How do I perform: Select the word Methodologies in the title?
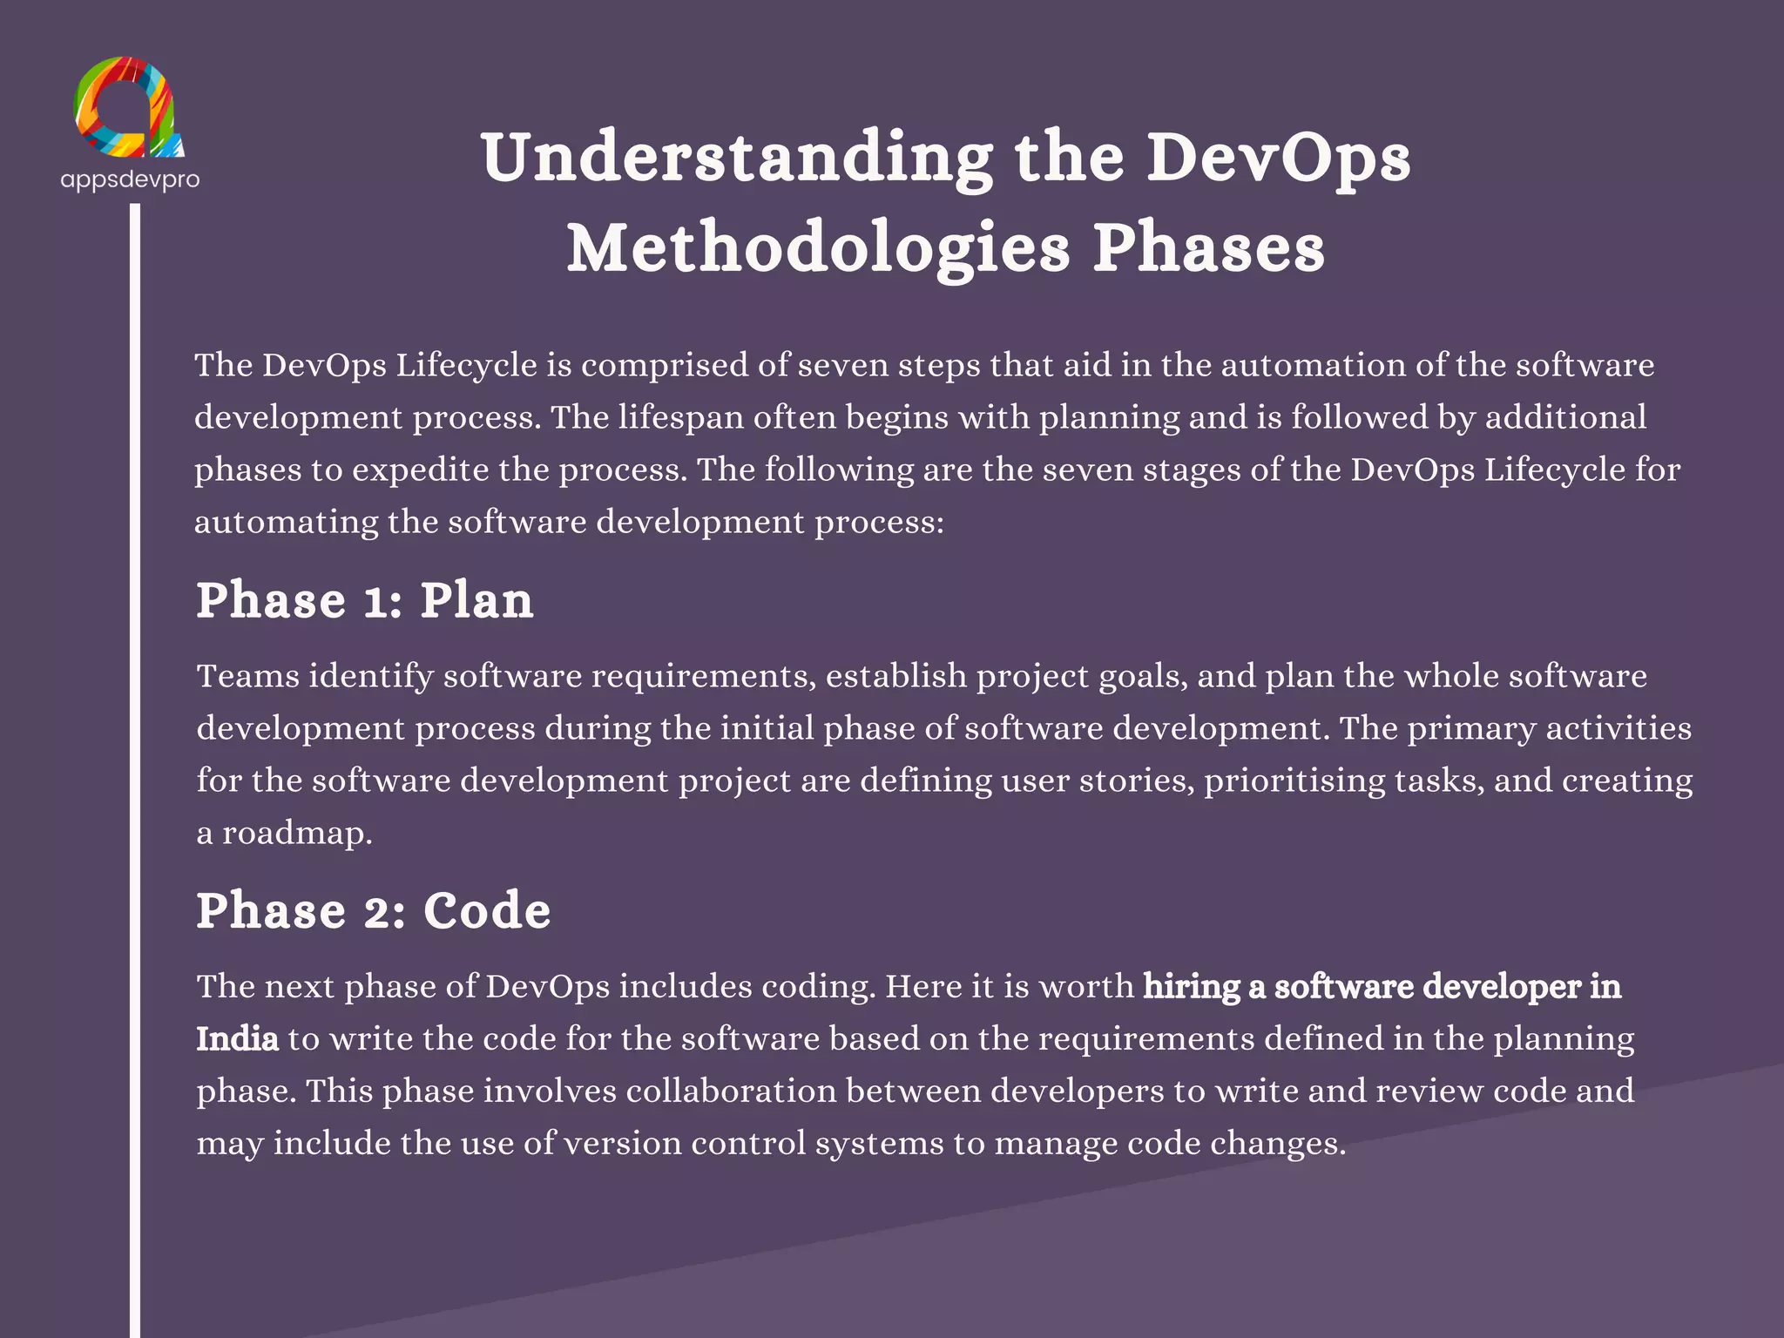818,249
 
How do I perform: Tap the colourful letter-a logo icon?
129,108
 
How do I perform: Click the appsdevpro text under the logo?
130,179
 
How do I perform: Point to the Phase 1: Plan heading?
364,601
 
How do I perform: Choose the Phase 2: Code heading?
373,911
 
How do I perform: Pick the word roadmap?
296,834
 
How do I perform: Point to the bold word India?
237,1039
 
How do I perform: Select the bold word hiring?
1191,987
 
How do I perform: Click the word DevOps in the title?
1277,159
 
